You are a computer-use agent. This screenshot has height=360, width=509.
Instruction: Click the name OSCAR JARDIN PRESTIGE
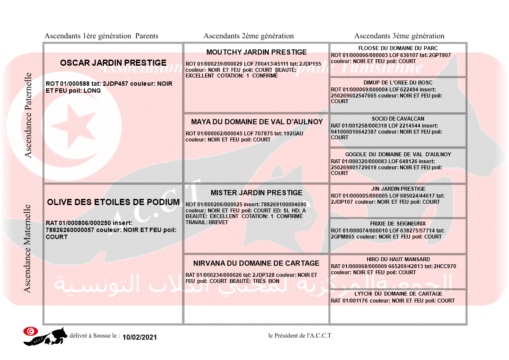pyautogui.click(x=113, y=63)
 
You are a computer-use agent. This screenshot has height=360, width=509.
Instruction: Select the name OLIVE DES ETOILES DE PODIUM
pyautogui.click(x=113, y=202)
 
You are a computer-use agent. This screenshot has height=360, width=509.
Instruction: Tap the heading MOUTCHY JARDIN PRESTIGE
pyautogui.click(x=256, y=52)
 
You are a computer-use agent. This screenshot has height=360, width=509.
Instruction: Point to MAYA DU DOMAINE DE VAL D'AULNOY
pyautogui.click(x=257, y=122)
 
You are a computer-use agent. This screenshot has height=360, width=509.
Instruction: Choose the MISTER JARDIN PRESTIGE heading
pyautogui.click(x=256, y=193)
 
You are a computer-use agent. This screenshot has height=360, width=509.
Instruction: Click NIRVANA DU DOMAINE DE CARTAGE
pyautogui.click(x=256, y=263)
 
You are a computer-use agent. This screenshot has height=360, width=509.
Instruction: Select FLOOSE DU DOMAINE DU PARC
pyautogui.click(x=398, y=48)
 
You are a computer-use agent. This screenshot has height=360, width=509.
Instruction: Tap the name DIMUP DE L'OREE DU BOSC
pyautogui.click(x=398, y=83)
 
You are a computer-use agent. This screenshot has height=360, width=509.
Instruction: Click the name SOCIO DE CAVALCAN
pyautogui.click(x=398, y=119)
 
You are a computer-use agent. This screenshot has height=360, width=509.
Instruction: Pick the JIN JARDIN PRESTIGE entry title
pyautogui.click(x=398, y=189)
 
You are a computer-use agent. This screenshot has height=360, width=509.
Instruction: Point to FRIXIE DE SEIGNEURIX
pyautogui.click(x=398, y=224)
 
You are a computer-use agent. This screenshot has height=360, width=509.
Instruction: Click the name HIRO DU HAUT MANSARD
pyautogui.click(x=398, y=259)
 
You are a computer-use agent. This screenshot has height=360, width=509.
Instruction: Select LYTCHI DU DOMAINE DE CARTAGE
pyautogui.click(x=398, y=294)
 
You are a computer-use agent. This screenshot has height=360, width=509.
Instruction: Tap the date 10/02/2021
pyautogui.click(x=139, y=337)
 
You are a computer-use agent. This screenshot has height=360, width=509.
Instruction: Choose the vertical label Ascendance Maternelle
pyautogui.click(x=27, y=248)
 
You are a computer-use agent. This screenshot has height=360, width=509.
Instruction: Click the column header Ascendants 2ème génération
pyautogui.click(x=249, y=36)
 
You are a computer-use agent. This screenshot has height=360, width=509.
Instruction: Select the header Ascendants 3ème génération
pyautogui.click(x=399, y=36)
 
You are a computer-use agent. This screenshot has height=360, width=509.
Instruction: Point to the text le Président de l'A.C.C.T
pyautogui.click(x=300, y=336)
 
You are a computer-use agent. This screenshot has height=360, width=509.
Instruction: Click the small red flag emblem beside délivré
pyautogui.click(x=30, y=331)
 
